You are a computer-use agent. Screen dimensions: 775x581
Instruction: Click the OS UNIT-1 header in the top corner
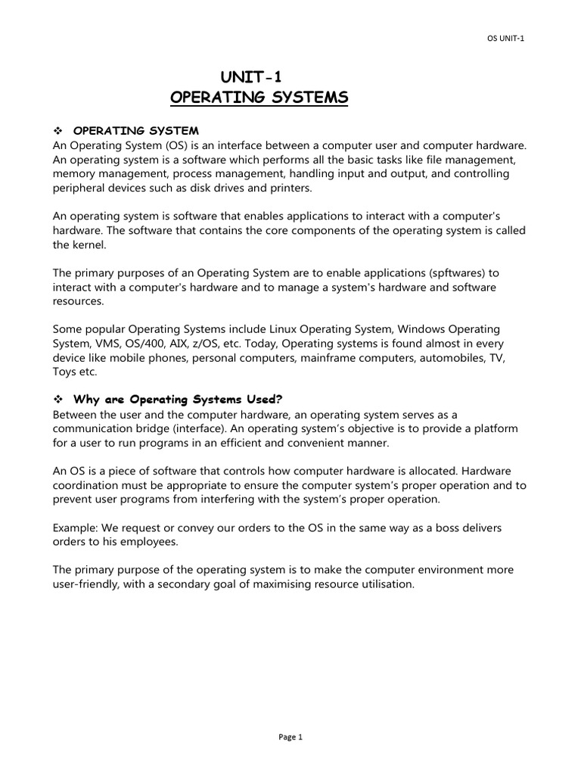coord(503,39)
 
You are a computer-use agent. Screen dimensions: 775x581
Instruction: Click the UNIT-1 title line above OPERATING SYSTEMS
coord(252,76)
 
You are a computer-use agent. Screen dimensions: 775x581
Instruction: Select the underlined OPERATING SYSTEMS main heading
coord(259,98)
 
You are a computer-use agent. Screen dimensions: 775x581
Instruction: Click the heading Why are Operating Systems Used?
coord(178,400)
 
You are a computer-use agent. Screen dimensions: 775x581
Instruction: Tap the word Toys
coord(65,372)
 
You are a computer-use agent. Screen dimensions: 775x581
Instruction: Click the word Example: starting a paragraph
coord(76,527)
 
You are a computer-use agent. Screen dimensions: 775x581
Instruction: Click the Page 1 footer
coord(290,736)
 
